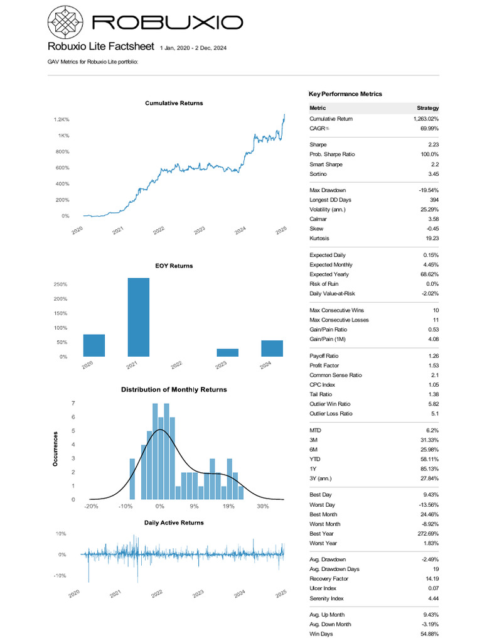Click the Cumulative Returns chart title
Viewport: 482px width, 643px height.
pyautogui.click(x=174, y=103)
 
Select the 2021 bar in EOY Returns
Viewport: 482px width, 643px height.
pyautogui.click(x=139, y=317)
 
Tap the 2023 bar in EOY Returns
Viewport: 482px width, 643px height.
pyautogui.click(x=228, y=352)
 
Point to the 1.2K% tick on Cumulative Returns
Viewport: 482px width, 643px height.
pyautogui.click(x=61, y=119)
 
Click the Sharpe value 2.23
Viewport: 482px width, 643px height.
pyautogui.click(x=432, y=144)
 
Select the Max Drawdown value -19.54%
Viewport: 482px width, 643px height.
pyautogui.click(x=428, y=190)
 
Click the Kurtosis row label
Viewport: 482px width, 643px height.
pyautogui.click(x=320, y=239)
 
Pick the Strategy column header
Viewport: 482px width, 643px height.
pyautogui.click(x=427, y=109)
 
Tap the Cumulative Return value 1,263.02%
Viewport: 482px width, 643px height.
pyautogui.click(x=426, y=119)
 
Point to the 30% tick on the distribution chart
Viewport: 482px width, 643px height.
pyautogui.click(x=262, y=506)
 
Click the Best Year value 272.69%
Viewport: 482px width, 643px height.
pyautogui.click(x=427, y=534)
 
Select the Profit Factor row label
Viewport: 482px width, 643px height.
pyautogui.click(x=324, y=365)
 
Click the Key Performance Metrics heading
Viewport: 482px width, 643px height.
pyautogui.click(x=345, y=94)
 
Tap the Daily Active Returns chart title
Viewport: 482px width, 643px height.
pyautogui.click(x=174, y=522)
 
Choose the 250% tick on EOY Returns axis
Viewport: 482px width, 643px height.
pyautogui.click(x=60, y=284)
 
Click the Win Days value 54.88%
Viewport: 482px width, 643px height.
pyautogui.click(x=428, y=634)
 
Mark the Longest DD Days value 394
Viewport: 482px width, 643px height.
pyautogui.click(x=433, y=200)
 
